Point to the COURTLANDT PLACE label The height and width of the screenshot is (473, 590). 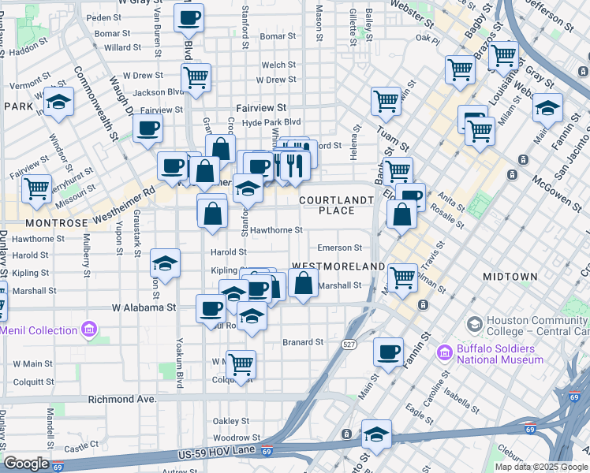pyautogui.click(x=335, y=205)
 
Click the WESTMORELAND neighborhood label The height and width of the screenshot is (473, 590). pyautogui.click(x=338, y=266)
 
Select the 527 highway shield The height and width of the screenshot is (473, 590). pyautogui.click(x=349, y=345)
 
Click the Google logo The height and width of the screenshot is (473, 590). pyautogui.click(x=26, y=464)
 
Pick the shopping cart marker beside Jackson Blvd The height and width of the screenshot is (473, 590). pyautogui.click(x=195, y=78)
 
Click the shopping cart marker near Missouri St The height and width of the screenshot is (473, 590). pyautogui.click(x=37, y=188)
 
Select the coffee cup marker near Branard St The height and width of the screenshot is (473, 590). pyautogui.click(x=387, y=352)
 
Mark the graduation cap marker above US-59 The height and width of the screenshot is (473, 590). pyautogui.click(x=377, y=434)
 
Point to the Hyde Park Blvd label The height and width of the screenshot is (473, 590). pyautogui.click(x=271, y=122)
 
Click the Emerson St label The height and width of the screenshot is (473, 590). pyautogui.click(x=339, y=248)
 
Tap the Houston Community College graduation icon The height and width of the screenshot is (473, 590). pyautogui.click(x=475, y=324)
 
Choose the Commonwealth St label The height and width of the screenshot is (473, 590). pyautogui.click(x=98, y=102)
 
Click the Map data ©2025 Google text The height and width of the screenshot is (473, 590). pyautogui.click(x=541, y=467)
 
